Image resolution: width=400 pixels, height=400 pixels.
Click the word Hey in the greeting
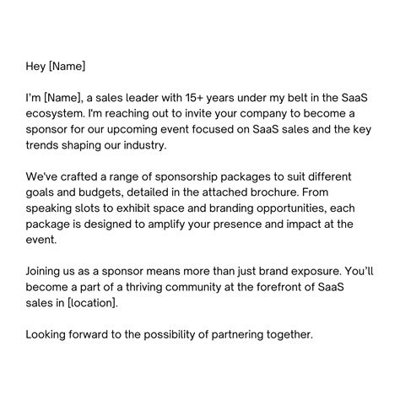pyautogui.click(x=36, y=66)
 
